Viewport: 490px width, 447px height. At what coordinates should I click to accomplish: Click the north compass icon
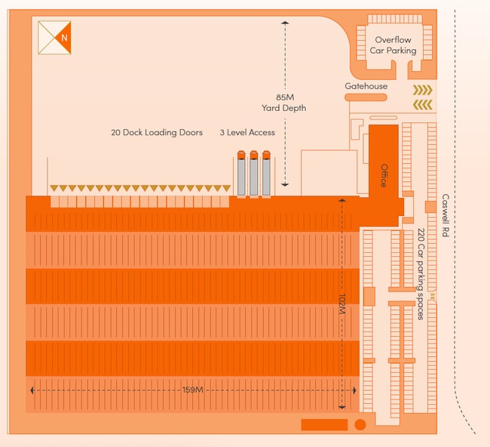click(x=55, y=37)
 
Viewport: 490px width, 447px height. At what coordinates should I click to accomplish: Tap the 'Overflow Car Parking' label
click(x=393, y=45)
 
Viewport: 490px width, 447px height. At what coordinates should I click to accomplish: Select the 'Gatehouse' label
click(x=366, y=86)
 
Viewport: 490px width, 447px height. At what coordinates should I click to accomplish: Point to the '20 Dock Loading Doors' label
click(x=157, y=132)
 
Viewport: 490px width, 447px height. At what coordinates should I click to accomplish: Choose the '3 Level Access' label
click(x=247, y=132)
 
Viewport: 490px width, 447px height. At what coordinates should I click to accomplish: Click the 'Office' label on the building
click(x=383, y=175)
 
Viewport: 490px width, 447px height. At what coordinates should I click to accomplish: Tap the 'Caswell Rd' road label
click(x=446, y=216)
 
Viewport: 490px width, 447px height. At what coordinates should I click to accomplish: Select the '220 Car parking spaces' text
click(x=421, y=273)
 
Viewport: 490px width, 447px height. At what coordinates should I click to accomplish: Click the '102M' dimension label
click(x=341, y=305)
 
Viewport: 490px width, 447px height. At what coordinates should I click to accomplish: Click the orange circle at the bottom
click(x=360, y=424)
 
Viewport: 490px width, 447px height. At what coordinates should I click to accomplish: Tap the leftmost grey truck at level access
click(x=241, y=175)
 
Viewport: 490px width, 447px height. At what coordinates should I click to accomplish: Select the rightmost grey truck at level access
click(x=266, y=175)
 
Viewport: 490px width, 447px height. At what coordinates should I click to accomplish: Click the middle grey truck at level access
click(x=254, y=175)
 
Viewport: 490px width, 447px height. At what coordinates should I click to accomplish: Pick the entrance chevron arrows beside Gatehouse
click(x=422, y=95)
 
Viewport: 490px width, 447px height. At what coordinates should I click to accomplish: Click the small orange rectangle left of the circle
click(x=324, y=424)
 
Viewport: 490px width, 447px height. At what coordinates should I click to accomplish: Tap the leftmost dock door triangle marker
click(x=52, y=188)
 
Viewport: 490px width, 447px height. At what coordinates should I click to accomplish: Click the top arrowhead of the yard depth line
click(x=285, y=24)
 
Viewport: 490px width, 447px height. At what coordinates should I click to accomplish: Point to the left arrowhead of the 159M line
click(x=32, y=390)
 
